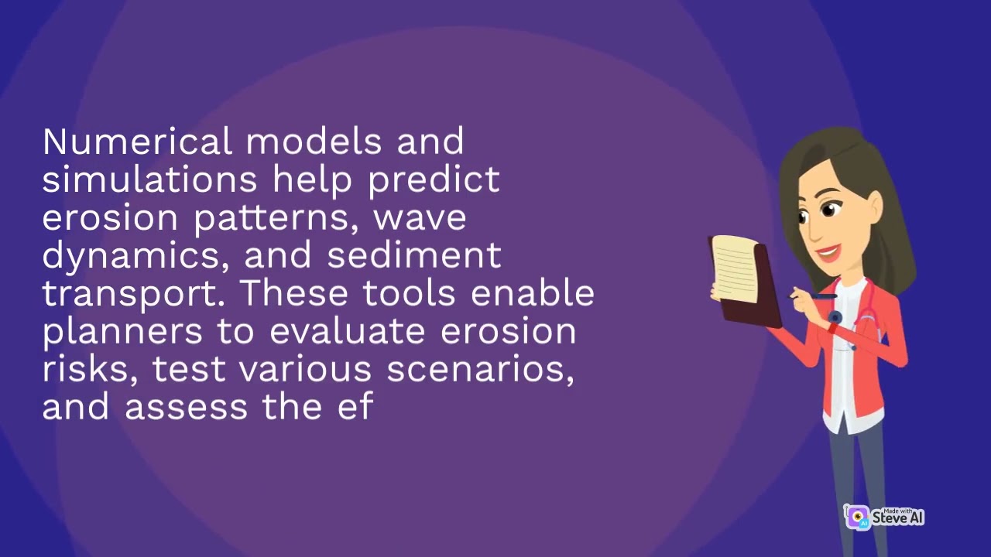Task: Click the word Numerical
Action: [137, 142]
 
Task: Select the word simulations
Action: [149, 180]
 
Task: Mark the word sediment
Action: [414, 256]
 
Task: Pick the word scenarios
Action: [480, 370]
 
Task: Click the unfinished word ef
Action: [356, 407]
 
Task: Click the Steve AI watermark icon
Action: [857, 518]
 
